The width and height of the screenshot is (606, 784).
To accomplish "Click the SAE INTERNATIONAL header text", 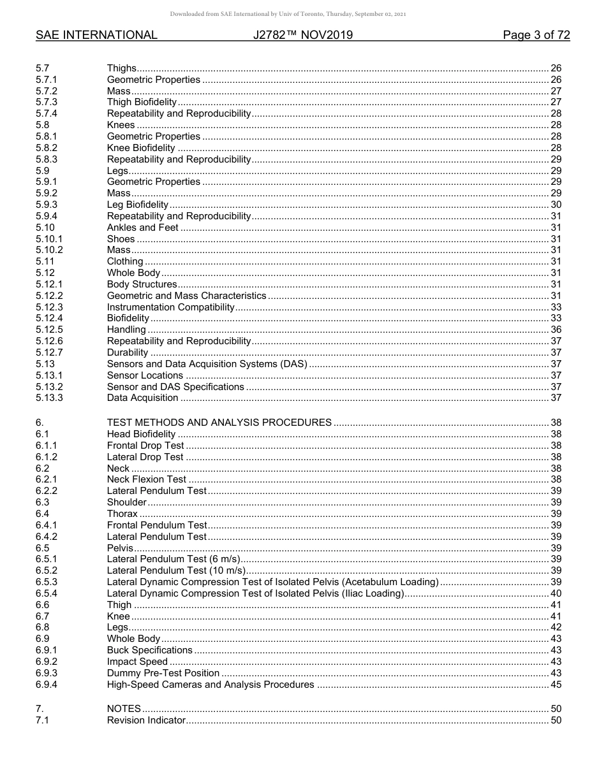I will (x=96, y=35).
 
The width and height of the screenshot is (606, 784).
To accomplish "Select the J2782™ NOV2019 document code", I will (x=302, y=35).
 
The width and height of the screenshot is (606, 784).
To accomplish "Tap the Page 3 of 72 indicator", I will (x=536, y=35).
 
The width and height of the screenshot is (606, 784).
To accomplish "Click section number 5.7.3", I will (x=47, y=102).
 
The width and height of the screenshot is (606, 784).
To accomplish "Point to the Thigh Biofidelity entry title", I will (x=142, y=102).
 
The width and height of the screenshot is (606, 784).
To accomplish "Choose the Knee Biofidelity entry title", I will (x=141, y=148).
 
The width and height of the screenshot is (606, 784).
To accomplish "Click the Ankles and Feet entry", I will (x=142, y=228).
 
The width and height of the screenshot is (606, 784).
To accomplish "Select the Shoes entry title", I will (x=121, y=239).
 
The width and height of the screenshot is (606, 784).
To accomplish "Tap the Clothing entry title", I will (x=125, y=261).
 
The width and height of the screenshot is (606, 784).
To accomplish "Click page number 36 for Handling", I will (x=556, y=330).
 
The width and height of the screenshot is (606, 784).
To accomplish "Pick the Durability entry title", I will (x=128, y=352).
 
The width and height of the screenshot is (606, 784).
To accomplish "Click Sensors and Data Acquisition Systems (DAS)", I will (x=207, y=364).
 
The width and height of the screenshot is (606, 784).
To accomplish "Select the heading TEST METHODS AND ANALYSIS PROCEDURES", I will (x=219, y=423).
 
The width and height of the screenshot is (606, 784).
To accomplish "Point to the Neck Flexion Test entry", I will (x=147, y=479).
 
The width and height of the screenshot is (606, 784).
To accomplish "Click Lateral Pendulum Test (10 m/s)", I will (x=175, y=570).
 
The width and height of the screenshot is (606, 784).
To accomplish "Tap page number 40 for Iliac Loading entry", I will (x=556, y=593).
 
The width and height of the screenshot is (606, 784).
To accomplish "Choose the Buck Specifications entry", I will (x=149, y=650).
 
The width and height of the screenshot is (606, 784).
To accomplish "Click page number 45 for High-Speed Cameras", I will (x=556, y=685).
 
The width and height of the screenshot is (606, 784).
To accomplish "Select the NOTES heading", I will (x=124, y=709).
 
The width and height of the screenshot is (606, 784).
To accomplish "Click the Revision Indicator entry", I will (x=146, y=720).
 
